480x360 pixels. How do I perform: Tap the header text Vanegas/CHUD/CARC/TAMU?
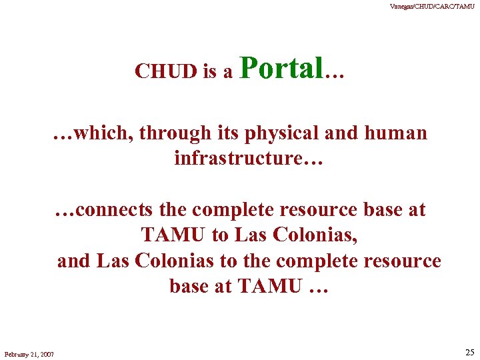click(x=431, y=7)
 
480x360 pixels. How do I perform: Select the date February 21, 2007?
click(x=29, y=353)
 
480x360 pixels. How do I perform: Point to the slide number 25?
click(x=469, y=353)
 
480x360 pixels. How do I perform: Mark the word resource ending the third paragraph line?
click(x=402, y=261)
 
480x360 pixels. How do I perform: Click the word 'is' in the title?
click(x=211, y=71)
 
